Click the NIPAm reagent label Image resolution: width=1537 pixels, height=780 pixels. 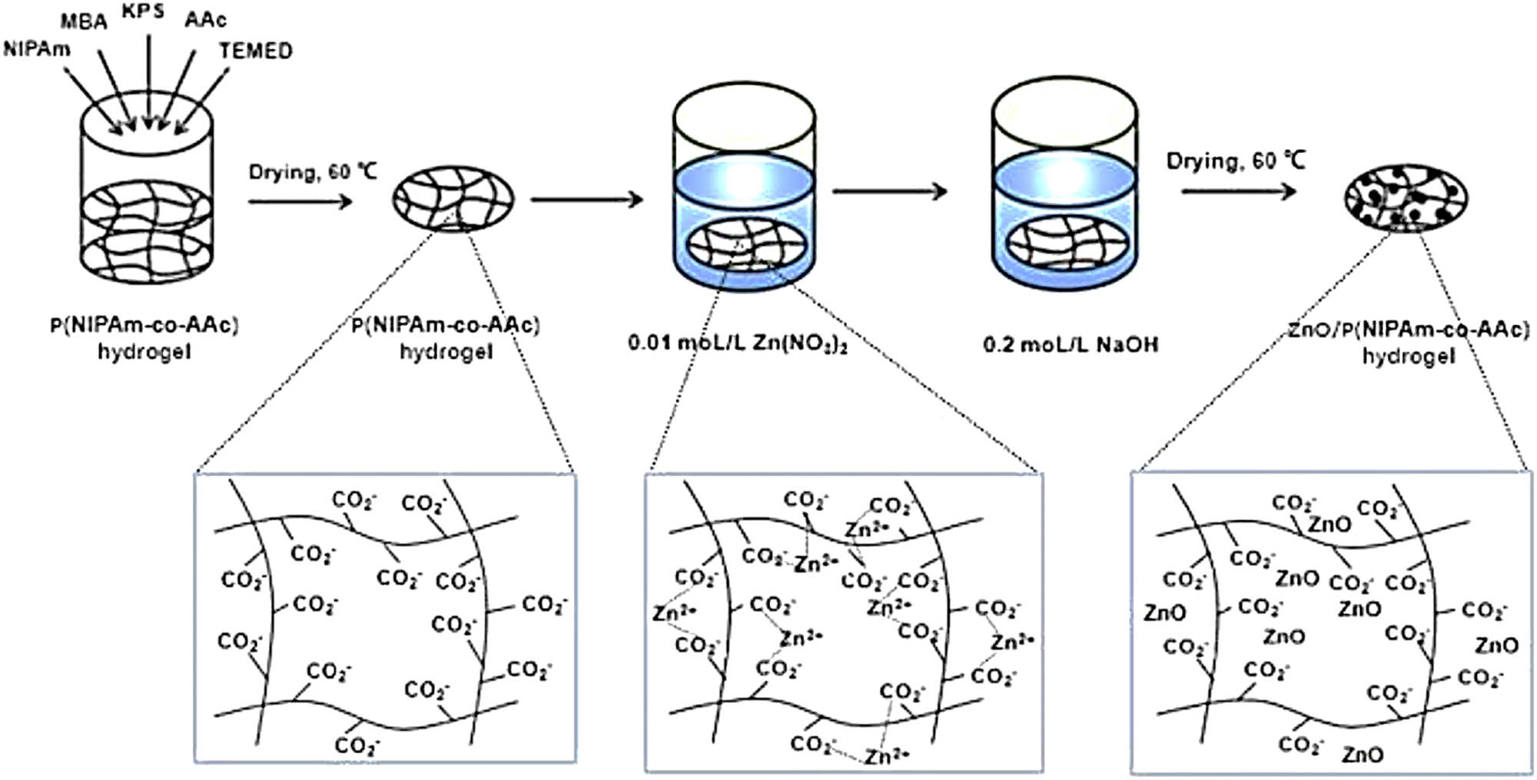click(x=36, y=50)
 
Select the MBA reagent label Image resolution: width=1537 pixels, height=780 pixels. click(x=84, y=22)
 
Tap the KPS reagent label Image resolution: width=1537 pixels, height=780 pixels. click(x=143, y=12)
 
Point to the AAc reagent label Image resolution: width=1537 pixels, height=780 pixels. click(x=205, y=19)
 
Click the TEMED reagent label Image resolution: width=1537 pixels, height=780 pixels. click(x=255, y=51)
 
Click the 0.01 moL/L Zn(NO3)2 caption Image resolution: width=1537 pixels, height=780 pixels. click(x=737, y=343)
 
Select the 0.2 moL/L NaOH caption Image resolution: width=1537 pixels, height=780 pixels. click(x=1071, y=344)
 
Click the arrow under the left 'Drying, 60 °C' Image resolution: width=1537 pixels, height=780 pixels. click(x=300, y=201)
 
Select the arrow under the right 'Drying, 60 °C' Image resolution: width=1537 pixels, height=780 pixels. click(x=1238, y=190)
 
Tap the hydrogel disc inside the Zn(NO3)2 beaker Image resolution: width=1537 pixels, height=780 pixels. click(x=745, y=245)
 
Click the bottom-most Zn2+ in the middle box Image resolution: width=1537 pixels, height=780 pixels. click(x=887, y=757)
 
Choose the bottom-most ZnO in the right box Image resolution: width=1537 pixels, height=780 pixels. click(x=1363, y=755)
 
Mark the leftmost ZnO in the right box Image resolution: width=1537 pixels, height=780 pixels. click(x=1165, y=613)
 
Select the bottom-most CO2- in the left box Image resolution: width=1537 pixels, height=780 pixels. click(x=357, y=745)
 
